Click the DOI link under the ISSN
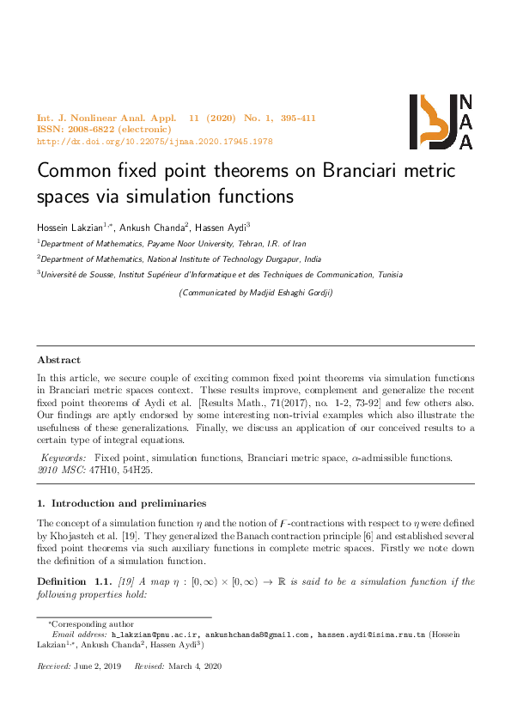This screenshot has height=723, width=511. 155,141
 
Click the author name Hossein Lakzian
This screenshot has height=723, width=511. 71,227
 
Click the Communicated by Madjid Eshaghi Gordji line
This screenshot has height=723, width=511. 255,293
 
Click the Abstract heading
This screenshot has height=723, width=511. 58,361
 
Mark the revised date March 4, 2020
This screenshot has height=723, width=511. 197,666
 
